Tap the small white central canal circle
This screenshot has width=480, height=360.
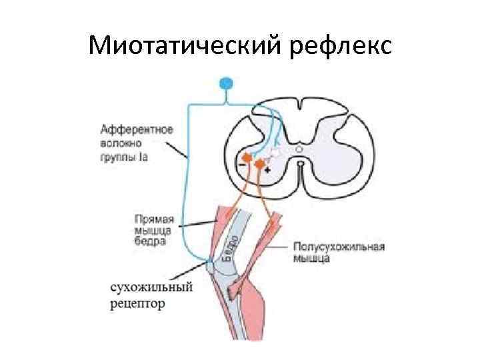[301, 162]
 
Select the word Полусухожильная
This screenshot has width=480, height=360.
[339, 246]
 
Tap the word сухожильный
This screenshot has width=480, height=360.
[153, 287]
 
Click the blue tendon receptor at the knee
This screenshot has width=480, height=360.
[211, 265]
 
